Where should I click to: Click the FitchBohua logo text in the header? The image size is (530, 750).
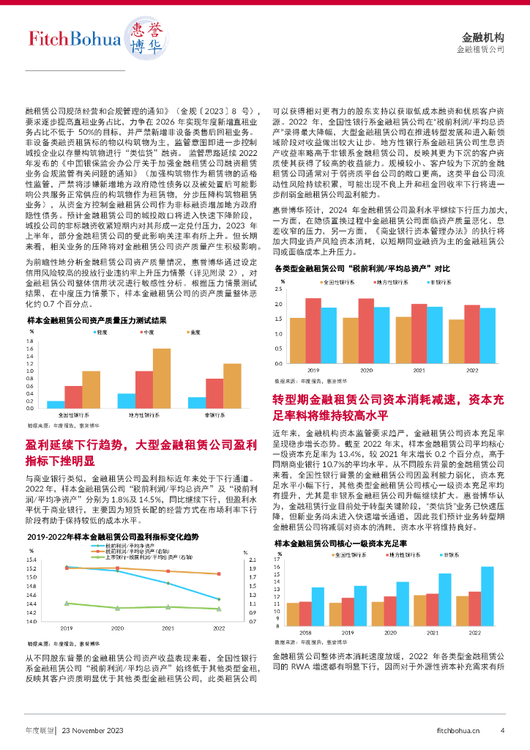click(x=74, y=40)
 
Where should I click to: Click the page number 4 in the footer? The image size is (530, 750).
click(x=502, y=729)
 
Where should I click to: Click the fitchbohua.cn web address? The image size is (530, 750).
click(x=458, y=730)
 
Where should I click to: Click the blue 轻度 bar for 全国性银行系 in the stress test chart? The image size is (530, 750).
click(x=56, y=404)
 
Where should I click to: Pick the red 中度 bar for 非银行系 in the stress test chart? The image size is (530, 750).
click(x=214, y=393)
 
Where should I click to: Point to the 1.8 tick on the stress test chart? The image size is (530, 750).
click(x=30, y=341)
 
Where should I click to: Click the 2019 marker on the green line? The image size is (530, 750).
click(x=67, y=603)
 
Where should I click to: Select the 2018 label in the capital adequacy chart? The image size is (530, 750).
click(x=305, y=631)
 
